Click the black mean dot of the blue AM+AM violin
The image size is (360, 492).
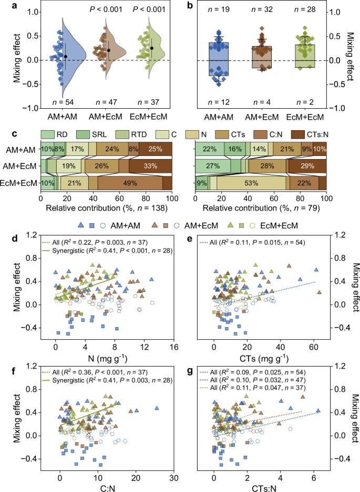pyautogui.click(x=66, y=56)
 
